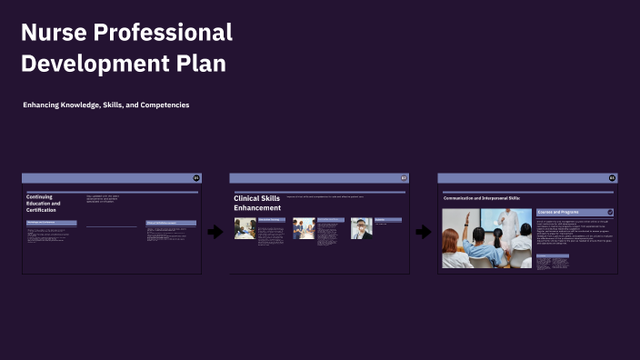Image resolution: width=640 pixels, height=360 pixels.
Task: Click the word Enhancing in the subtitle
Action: click(x=41, y=105)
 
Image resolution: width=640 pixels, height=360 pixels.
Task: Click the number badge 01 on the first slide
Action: click(x=196, y=178)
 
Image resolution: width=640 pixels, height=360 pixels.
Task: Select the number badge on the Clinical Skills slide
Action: click(x=404, y=178)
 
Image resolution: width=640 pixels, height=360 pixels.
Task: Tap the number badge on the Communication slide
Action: click(x=612, y=178)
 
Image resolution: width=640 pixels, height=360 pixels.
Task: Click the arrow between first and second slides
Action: click(x=215, y=232)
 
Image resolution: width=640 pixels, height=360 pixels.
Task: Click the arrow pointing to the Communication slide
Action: click(x=423, y=232)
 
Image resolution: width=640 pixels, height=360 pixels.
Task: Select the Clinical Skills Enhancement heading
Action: click(x=257, y=202)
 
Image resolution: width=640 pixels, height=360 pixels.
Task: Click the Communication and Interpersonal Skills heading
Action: click(x=481, y=196)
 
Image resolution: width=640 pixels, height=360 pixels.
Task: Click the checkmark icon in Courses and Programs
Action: click(x=610, y=212)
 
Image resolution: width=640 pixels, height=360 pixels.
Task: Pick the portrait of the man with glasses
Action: click(x=362, y=228)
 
